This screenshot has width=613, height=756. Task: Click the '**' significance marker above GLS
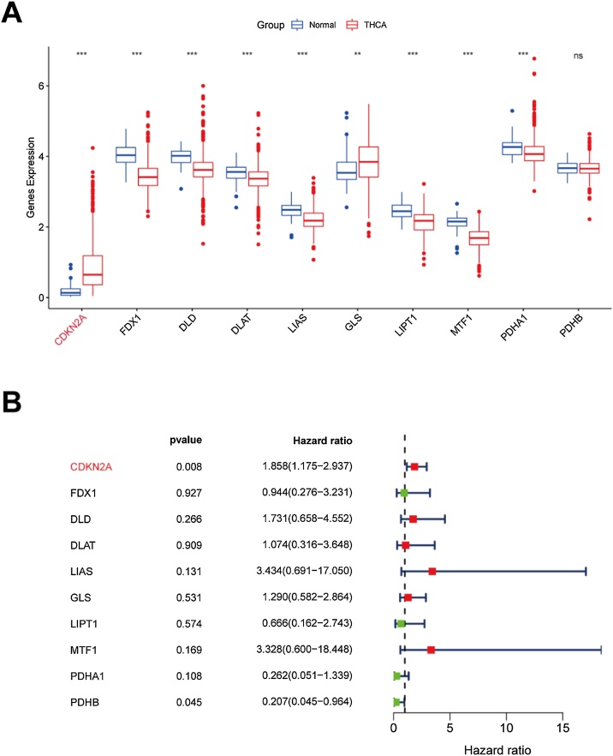pos(357,55)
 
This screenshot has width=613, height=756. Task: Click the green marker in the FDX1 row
pos(404,493)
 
